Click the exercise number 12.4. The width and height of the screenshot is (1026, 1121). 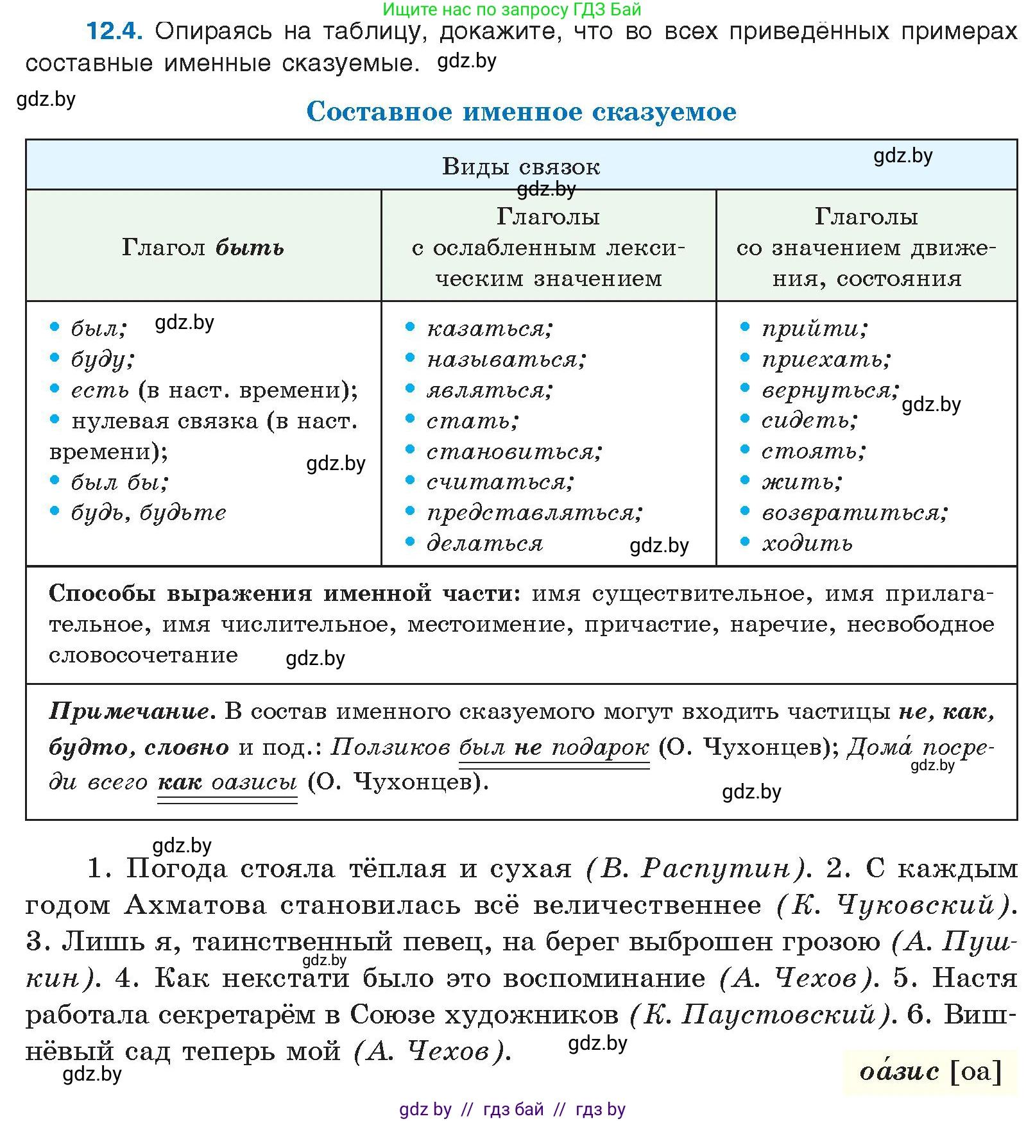tap(114, 31)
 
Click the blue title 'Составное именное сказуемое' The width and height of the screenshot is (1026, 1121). tap(521, 112)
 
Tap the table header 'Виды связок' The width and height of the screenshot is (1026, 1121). tap(521, 167)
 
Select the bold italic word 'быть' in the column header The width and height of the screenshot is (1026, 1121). tap(249, 247)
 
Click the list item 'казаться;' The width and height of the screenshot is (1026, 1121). tap(490, 328)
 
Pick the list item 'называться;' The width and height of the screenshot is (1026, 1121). tap(506, 359)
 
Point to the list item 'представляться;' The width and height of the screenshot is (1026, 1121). tap(534, 512)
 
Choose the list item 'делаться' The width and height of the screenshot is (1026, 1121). tap(484, 543)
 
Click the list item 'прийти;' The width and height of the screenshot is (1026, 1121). tap(814, 328)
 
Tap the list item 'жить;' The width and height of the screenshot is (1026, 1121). tap(801, 482)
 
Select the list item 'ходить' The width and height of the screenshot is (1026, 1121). tap(807, 543)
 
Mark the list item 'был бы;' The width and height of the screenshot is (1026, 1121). tap(119, 482)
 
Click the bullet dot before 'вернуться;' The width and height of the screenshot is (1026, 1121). tap(744, 388)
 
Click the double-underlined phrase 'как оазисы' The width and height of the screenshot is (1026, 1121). tap(227, 782)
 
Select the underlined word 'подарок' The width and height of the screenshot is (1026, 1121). tap(600, 747)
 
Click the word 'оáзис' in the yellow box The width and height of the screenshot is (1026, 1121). tap(899, 1071)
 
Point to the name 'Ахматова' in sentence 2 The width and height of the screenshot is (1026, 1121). tap(195, 905)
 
